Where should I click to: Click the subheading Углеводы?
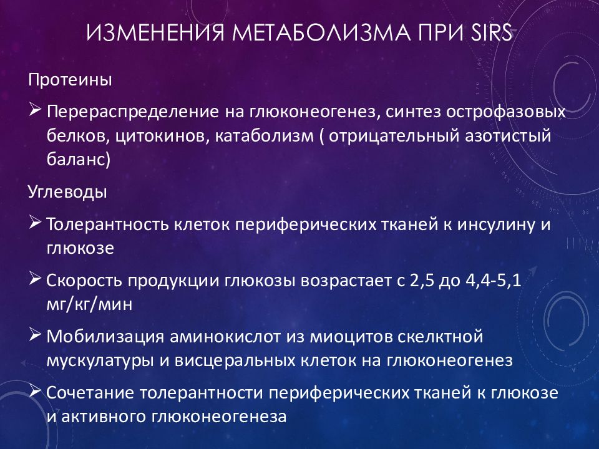67,192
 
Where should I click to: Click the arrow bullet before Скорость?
35,279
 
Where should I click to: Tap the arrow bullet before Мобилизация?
35,336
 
